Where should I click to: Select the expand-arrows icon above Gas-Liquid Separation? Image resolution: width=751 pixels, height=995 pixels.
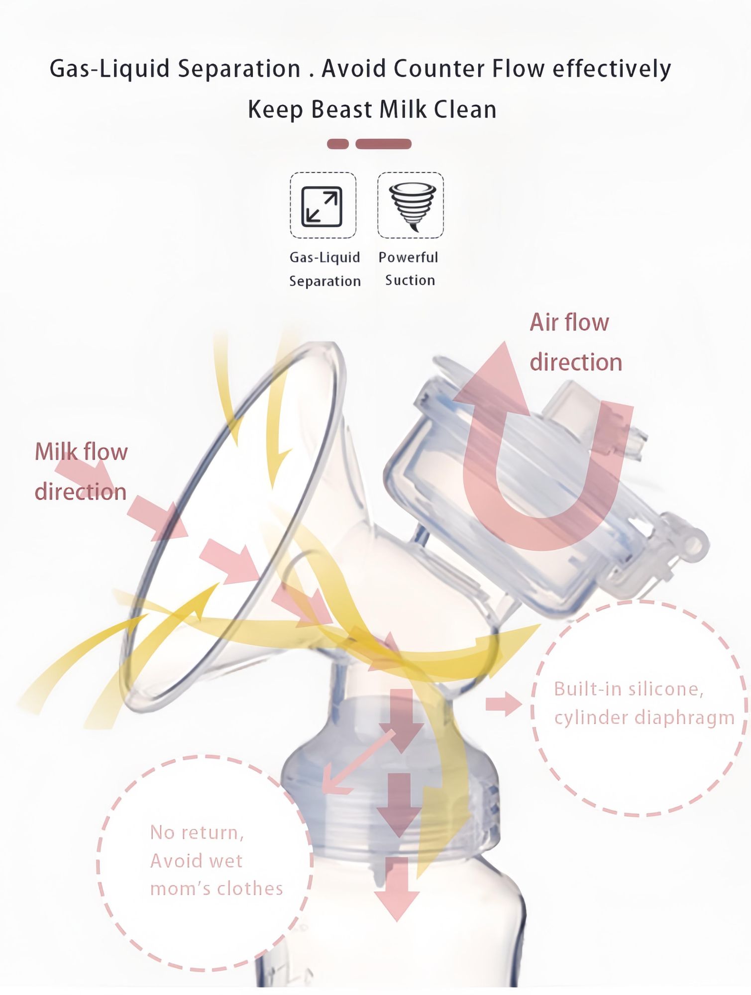point(322,205)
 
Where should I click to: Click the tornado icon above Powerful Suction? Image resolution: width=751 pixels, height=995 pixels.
point(411,205)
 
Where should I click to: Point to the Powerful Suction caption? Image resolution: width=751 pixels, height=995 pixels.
point(409,269)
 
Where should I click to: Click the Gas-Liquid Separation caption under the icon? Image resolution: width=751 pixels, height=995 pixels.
point(325,269)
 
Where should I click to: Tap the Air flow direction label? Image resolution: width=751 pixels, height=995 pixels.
point(576,342)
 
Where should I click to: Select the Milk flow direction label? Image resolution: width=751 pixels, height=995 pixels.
point(81,472)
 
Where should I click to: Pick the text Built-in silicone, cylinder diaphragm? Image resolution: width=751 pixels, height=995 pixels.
point(644,703)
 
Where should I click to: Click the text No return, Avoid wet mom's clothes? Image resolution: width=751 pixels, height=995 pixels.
point(216,860)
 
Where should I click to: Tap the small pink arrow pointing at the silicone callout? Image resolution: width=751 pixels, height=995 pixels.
point(504,703)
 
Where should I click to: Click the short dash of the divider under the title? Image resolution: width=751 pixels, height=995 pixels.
point(338,144)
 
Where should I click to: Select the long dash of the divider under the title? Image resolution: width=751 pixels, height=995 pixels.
point(383,144)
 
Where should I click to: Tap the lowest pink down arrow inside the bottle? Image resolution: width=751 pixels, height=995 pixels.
point(397,888)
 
